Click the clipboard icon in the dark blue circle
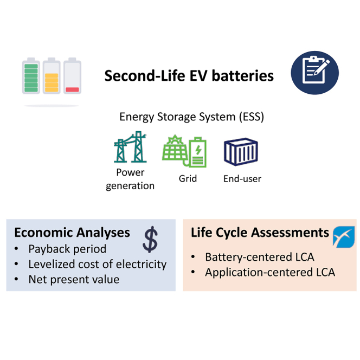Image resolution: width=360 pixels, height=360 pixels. click(x=314, y=73)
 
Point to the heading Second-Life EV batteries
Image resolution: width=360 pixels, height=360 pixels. click(x=189, y=75)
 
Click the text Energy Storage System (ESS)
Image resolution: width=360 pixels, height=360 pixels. click(x=191, y=117)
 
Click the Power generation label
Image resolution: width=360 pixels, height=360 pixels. click(x=130, y=179)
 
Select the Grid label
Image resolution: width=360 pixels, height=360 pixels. click(x=188, y=178)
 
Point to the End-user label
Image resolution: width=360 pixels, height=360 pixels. click(x=242, y=178)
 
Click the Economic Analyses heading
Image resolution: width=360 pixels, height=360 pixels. click(x=72, y=233)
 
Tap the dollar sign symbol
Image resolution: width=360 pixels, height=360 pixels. click(x=151, y=239)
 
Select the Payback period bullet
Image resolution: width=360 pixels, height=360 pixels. click(x=67, y=249)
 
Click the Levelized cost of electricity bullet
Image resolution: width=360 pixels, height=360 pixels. click(x=97, y=265)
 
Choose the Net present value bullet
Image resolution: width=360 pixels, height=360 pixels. click(x=74, y=280)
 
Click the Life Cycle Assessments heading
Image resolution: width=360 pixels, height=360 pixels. click(x=260, y=233)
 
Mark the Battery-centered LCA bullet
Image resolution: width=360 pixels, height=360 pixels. click(x=259, y=257)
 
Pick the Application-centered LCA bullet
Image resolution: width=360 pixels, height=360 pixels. click(x=269, y=272)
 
